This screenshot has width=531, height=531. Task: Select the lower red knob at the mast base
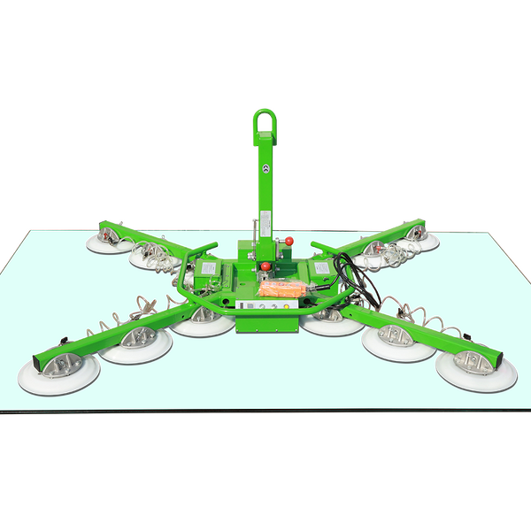pos(265,265)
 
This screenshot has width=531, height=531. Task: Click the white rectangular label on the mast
pos(265,219)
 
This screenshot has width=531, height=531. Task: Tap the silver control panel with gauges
pos(266,306)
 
